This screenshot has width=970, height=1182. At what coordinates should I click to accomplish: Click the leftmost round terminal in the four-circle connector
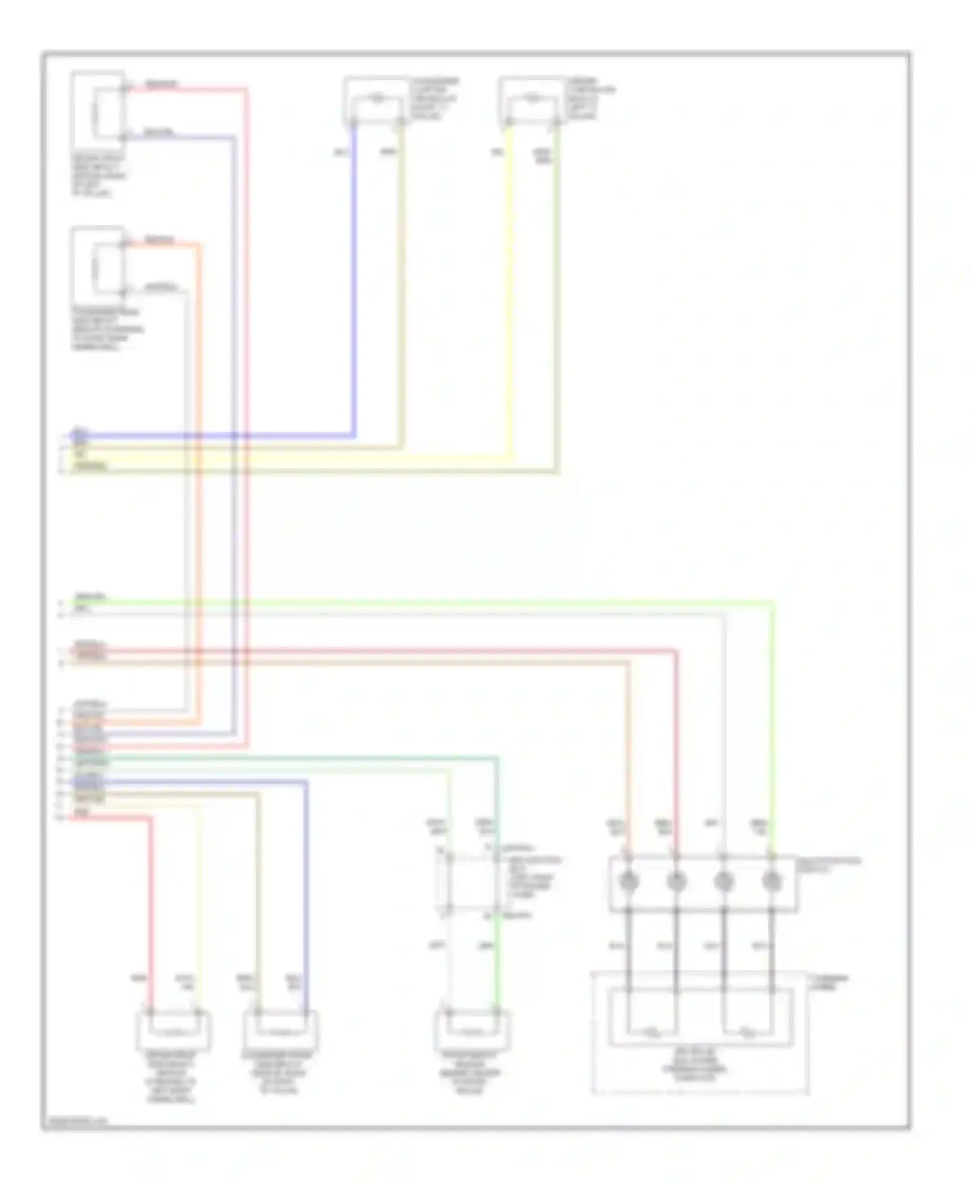[x=629, y=881]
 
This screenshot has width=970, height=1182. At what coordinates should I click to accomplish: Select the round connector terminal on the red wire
[x=676, y=881]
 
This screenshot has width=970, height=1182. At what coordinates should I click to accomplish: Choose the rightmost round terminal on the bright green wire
[x=771, y=881]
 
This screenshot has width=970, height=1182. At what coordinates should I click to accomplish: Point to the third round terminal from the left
[x=724, y=881]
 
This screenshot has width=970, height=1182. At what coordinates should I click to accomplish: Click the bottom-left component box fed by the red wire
[x=173, y=1030]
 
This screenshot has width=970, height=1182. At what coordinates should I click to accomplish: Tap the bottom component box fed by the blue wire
[x=281, y=1030]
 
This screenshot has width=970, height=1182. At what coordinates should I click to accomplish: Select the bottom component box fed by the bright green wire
[x=472, y=1030]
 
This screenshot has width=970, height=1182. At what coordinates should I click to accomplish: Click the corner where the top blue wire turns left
[x=354, y=436]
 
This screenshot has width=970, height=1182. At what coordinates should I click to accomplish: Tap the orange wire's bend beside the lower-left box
[x=199, y=245]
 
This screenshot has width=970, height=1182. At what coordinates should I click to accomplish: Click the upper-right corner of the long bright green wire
[x=773, y=603]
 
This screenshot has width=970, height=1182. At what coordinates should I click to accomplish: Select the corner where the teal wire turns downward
[x=497, y=758]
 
